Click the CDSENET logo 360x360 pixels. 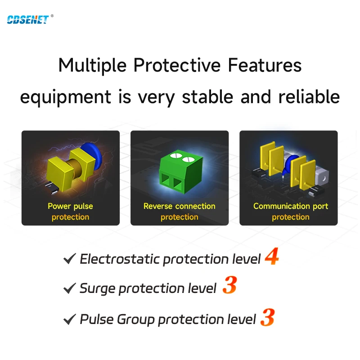(x=28, y=20)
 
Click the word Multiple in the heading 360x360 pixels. (x=92, y=66)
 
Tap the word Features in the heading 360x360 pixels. (x=265, y=65)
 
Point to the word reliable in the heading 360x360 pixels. (x=309, y=97)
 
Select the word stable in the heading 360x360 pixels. (x=207, y=97)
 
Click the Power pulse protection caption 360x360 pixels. (x=70, y=211)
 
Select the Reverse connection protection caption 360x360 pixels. (x=179, y=211)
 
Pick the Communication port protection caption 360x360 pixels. (x=291, y=211)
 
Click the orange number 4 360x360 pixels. (x=272, y=256)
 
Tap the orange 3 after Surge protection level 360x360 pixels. (x=229, y=285)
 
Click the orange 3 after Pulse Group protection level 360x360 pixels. (x=267, y=317)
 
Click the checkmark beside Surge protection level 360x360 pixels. (x=70, y=288)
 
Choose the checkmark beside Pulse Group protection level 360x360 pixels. (x=70, y=319)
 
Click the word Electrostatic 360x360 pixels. (x=120, y=259)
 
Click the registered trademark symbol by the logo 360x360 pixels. (x=52, y=16)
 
